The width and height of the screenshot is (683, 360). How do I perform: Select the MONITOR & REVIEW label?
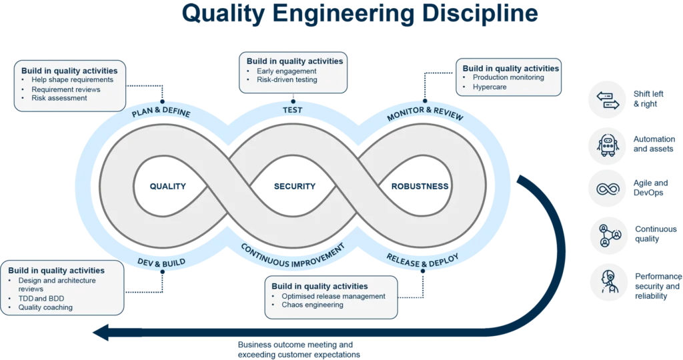pos(425,113)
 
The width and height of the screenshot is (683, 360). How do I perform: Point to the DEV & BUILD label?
pos(161,261)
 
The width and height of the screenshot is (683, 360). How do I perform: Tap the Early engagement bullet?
pos(287,71)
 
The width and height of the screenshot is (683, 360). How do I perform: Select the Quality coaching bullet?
pos(45,307)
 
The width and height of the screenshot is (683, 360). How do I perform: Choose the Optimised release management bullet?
pos(334,296)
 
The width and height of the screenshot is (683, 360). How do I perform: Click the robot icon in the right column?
pos(606,145)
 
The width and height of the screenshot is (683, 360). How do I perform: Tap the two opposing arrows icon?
pos(606,99)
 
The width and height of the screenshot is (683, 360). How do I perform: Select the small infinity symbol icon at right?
pos(606,189)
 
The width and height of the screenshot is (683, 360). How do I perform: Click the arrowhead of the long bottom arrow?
pos(104,332)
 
